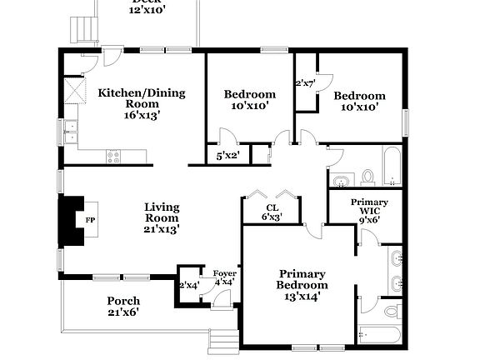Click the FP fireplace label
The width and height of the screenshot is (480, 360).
point(90,220)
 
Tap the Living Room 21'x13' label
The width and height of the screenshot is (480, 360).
point(162,217)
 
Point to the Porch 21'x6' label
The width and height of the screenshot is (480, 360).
point(123,307)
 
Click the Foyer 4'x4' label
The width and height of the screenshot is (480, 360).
point(224,277)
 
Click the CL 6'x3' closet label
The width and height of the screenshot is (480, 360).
point(272,212)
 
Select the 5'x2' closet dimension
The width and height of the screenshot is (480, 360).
point(227,156)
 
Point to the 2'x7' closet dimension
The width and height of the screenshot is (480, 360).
point(306,83)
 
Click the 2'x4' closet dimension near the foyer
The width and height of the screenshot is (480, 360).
point(188,285)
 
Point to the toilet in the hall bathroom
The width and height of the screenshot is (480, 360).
point(368,177)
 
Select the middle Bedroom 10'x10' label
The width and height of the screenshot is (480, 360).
point(250,100)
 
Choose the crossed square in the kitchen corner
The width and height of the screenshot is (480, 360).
point(75,89)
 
